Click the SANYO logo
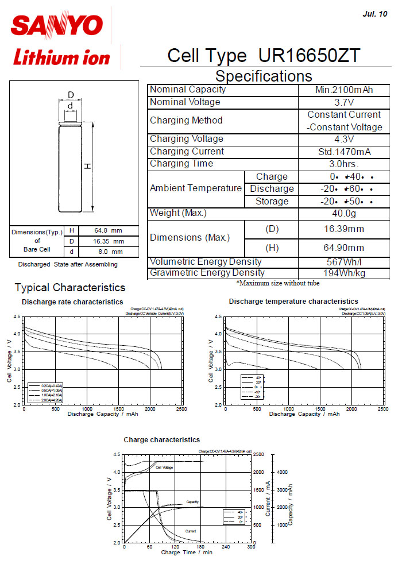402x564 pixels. pyautogui.click(x=57, y=24)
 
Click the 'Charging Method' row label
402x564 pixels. pyautogui.click(x=186, y=121)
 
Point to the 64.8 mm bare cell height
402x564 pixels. pyautogui.click(x=109, y=231)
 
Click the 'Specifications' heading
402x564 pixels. pyautogui.click(x=264, y=76)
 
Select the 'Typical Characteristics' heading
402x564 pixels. pyautogui.click(x=70, y=288)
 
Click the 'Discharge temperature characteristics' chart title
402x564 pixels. pyautogui.click(x=293, y=302)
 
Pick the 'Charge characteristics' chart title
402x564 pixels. pyautogui.click(x=162, y=440)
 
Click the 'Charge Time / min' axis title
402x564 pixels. pyautogui.click(x=187, y=553)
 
